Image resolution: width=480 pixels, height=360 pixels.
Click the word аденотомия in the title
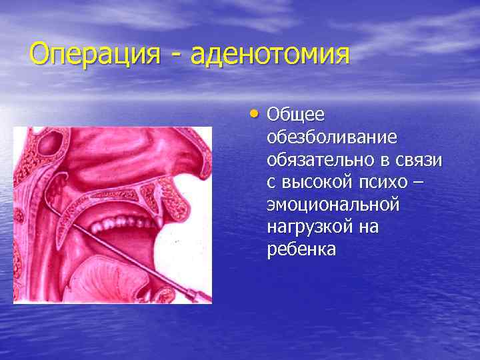pyautogui.click(x=269, y=54)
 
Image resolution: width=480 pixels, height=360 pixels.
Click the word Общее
pyautogui.click(x=295, y=115)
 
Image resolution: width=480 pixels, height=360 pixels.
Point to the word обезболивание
pyautogui.click(x=331, y=137)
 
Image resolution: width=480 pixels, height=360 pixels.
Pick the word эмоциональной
pyautogui.click(x=333, y=205)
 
